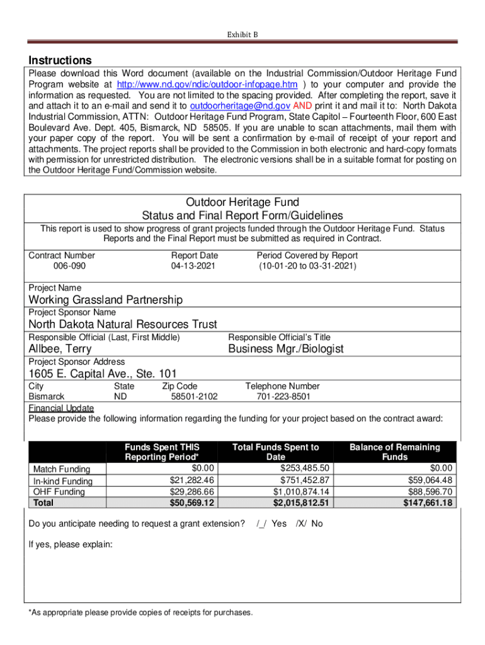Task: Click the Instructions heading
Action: click(x=60, y=60)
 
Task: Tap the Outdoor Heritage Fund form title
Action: click(x=243, y=202)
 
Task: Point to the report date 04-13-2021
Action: click(x=193, y=266)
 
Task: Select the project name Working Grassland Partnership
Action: click(x=106, y=300)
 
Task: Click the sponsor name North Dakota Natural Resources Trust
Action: click(x=123, y=324)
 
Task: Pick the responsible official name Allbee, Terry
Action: click(x=60, y=349)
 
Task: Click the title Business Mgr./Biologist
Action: click(x=285, y=349)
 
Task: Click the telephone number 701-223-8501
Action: click(x=283, y=397)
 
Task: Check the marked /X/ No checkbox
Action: click(x=309, y=523)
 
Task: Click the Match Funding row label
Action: click(x=61, y=469)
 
